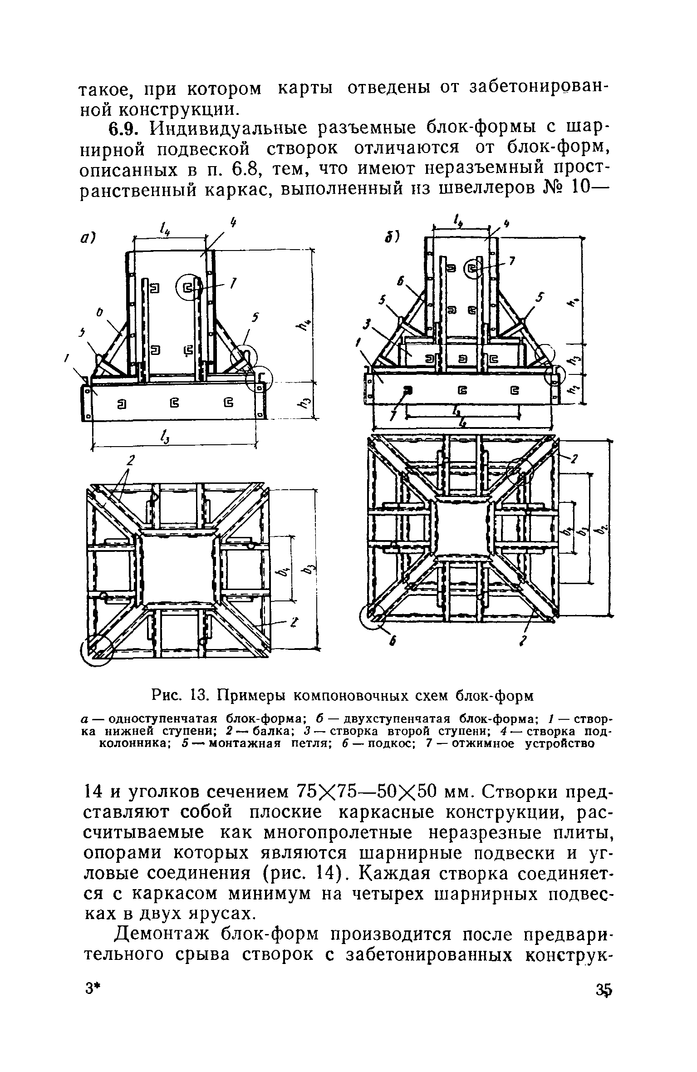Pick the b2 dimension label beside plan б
click(603, 528)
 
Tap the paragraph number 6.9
click(122, 128)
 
